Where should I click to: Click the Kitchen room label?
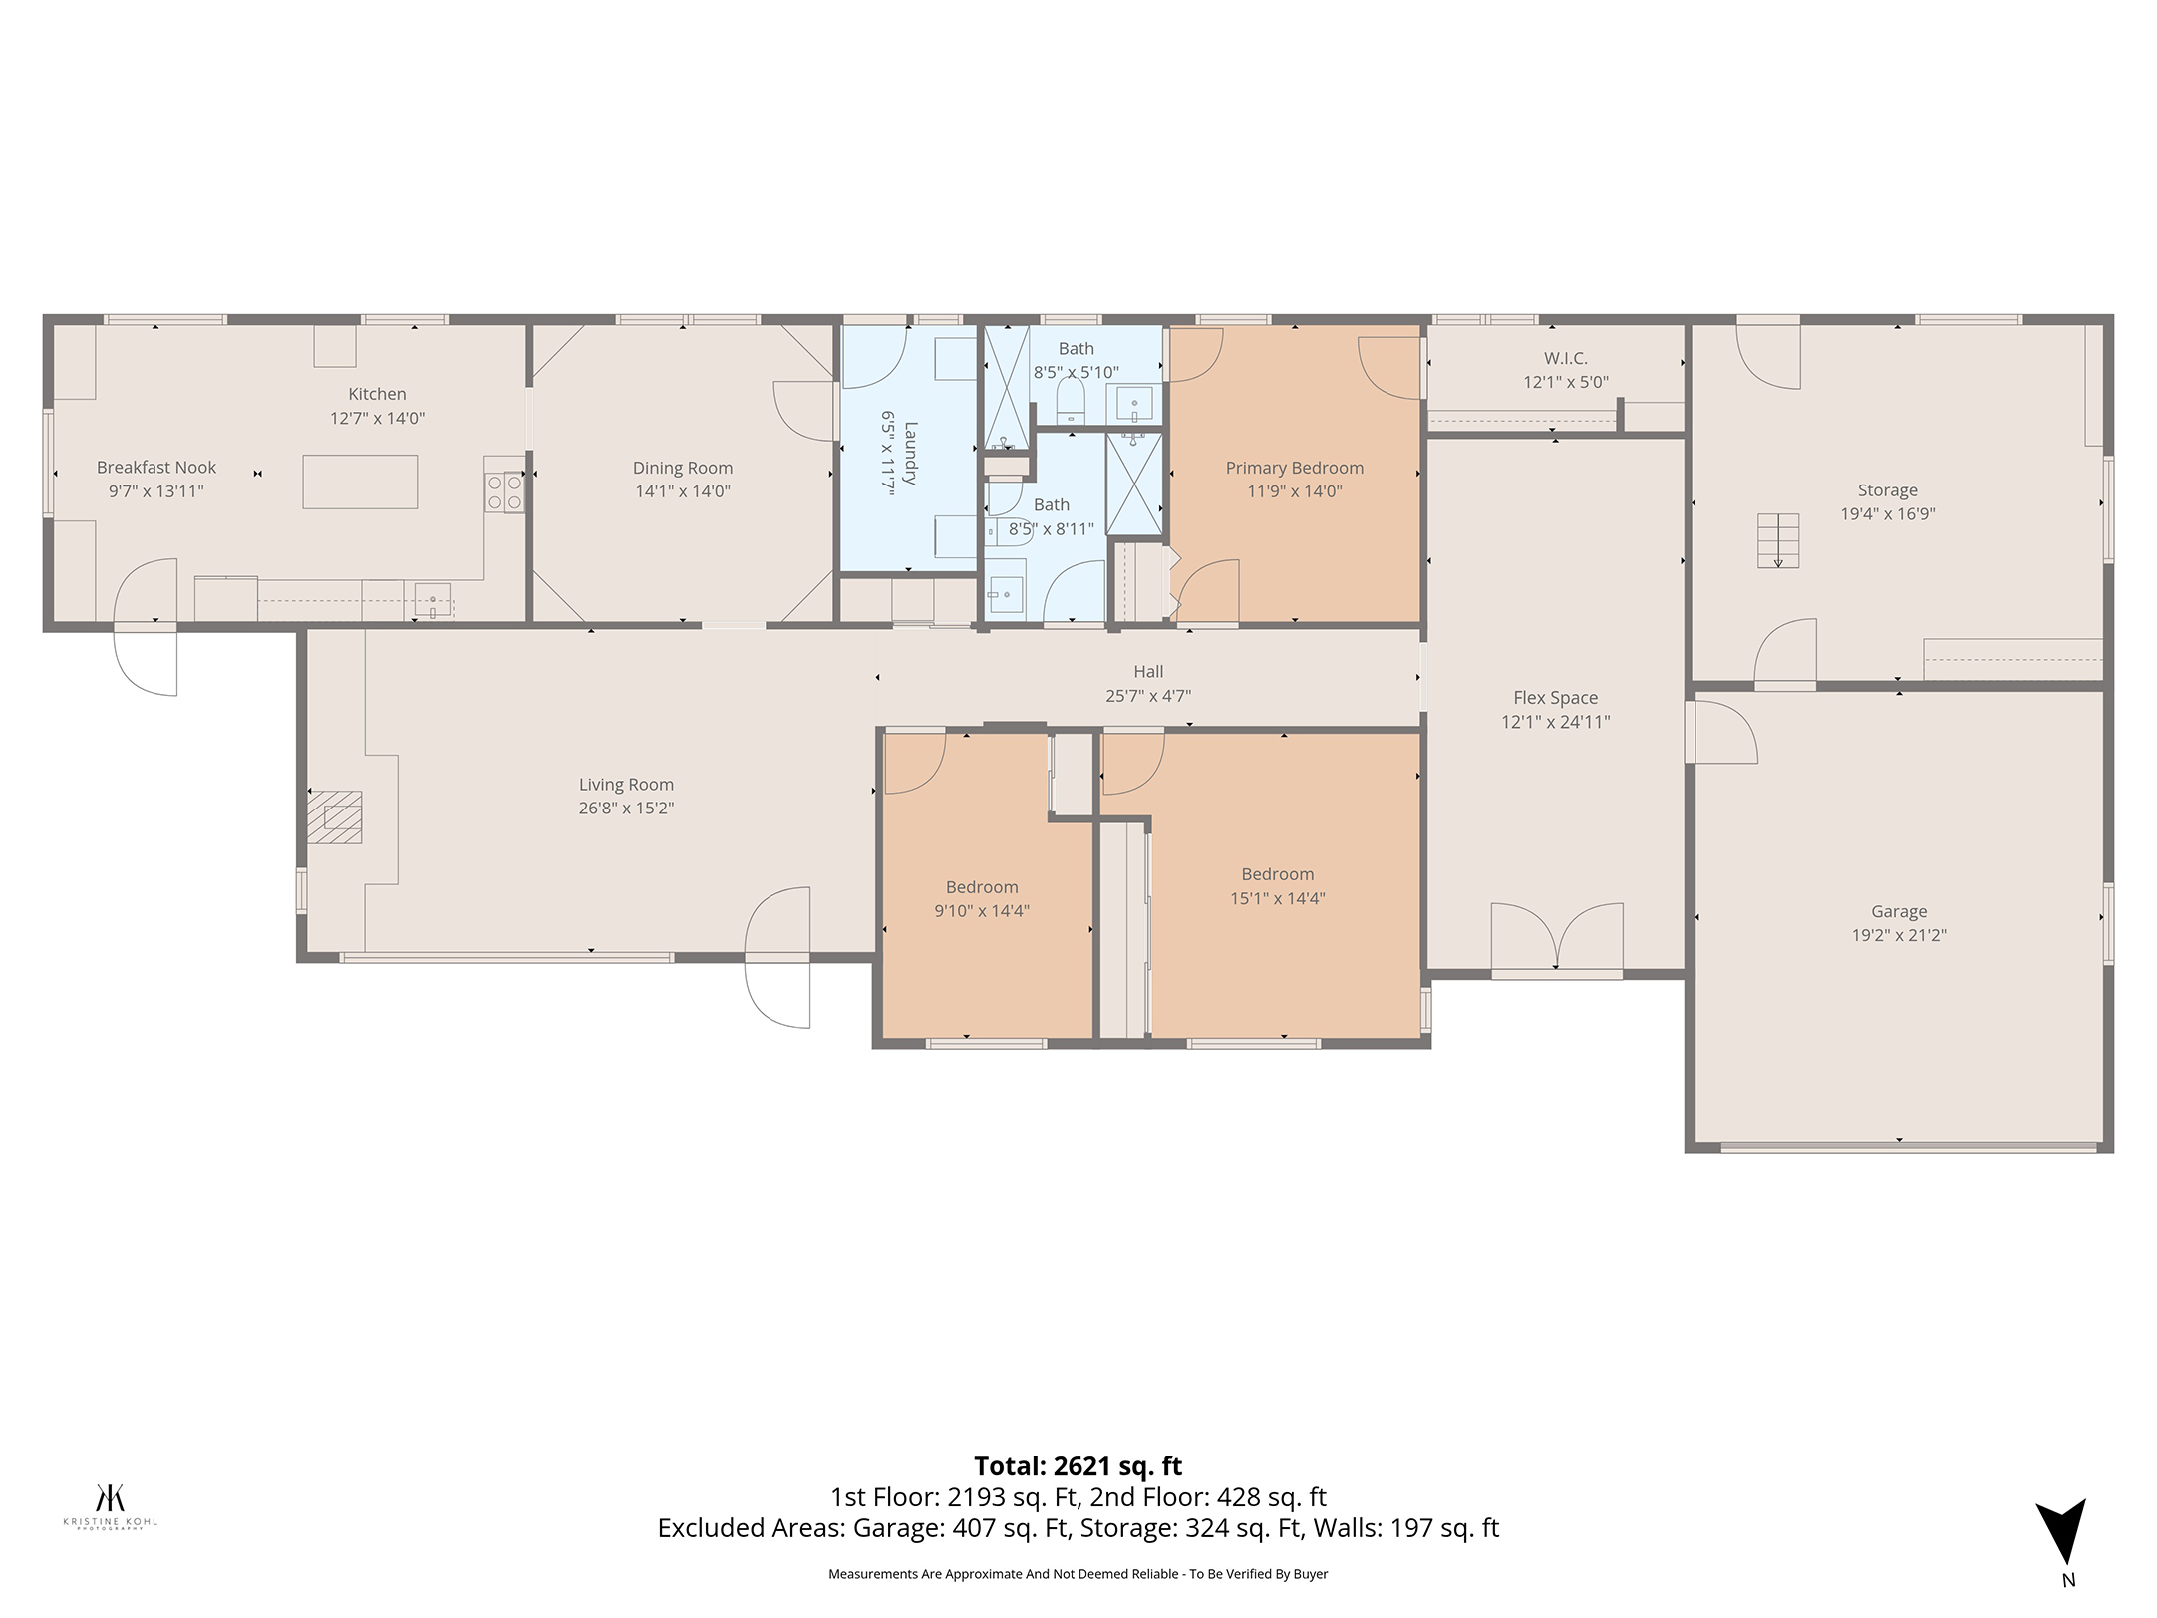[377, 394]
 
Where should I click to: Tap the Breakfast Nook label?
[156, 467]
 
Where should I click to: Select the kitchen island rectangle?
[360, 482]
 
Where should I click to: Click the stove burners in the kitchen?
[504, 491]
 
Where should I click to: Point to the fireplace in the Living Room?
[334, 817]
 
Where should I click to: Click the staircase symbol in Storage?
[1778, 540]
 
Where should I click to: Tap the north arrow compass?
[2061, 1540]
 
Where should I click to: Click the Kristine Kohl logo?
[111, 1506]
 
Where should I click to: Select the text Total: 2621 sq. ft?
[1078, 1466]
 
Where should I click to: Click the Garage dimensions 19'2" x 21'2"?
[1899, 935]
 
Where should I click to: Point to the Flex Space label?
[1555, 698]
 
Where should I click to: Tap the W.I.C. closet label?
[1565, 358]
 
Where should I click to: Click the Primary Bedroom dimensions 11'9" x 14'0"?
[1295, 491]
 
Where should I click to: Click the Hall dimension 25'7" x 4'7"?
[1148, 696]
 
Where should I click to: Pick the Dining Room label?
[683, 468]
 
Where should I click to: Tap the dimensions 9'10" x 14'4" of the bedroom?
[982, 911]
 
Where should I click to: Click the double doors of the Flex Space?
[1557, 937]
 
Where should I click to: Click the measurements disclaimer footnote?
[1078, 1574]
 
